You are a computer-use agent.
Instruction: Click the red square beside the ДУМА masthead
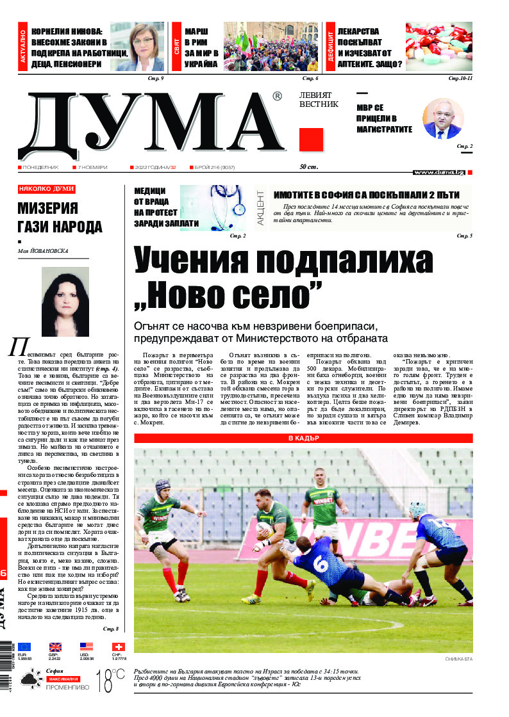click(x=311, y=140)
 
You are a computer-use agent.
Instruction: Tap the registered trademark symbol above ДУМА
click(x=277, y=97)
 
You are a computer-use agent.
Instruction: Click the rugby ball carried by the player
click(x=264, y=529)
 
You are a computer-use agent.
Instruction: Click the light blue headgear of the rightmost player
click(x=417, y=509)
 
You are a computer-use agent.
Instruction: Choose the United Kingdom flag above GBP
click(x=56, y=647)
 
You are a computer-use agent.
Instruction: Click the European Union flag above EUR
click(x=24, y=647)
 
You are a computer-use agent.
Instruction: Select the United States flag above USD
click(x=87, y=647)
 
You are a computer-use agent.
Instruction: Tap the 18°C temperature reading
click(x=110, y=681)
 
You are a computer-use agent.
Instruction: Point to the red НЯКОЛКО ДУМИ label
click(x=47, y=189)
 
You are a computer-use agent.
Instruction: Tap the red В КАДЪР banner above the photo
click(x=303, y=439)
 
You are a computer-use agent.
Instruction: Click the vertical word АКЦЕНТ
click(x=260, y=208)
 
